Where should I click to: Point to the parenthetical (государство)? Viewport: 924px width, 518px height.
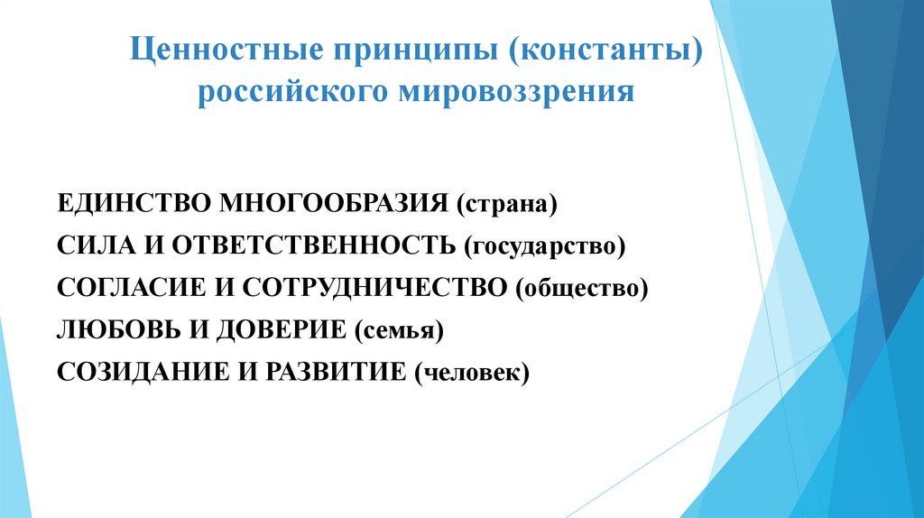tap(545, 246)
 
